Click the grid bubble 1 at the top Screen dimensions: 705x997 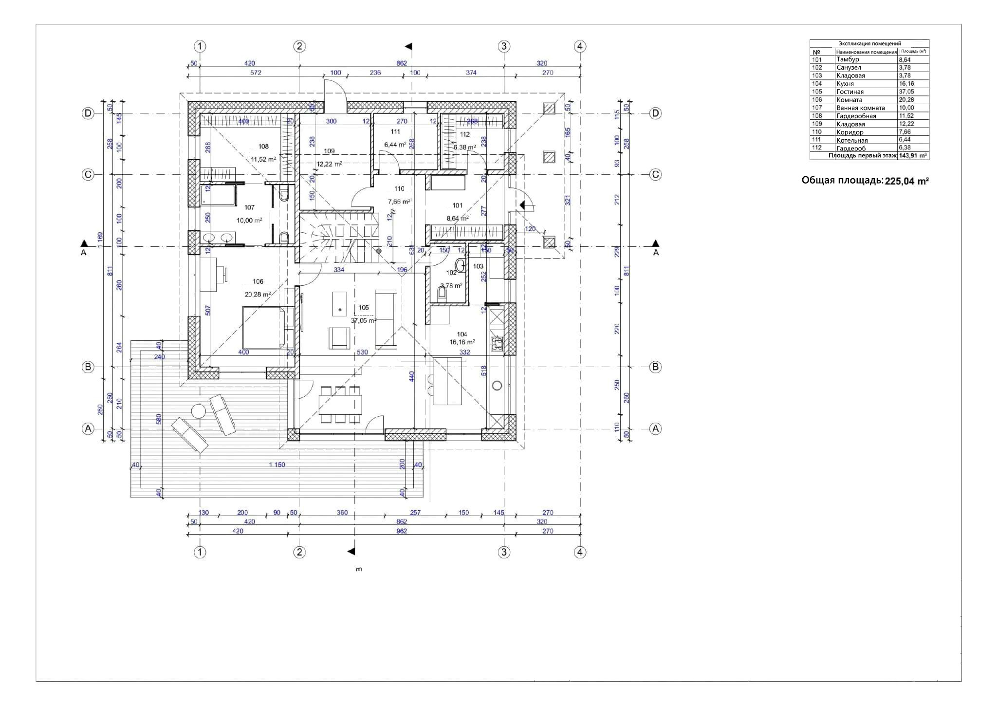(200, 46)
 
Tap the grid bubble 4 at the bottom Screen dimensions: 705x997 (579, 552)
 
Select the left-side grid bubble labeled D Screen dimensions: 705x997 (88, 113)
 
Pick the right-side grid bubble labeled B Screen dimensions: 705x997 (655, 367)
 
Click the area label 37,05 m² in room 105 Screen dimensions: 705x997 (363, 320)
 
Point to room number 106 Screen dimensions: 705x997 (258, 281)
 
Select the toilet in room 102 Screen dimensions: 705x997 (443, 293)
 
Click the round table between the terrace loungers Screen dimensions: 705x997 (199, 412)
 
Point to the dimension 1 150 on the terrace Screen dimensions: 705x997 (277, 464)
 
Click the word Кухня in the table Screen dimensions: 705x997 (845, 84)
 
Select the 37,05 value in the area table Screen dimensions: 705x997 (906, 92)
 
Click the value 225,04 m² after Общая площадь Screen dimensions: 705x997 (906, 181)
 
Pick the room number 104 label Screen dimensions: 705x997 (462, 334)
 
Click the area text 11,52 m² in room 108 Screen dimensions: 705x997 (263, 159)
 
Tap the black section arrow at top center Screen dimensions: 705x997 (409, 46)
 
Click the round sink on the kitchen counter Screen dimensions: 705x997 (497, 386)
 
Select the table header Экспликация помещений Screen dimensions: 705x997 (869, 43)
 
